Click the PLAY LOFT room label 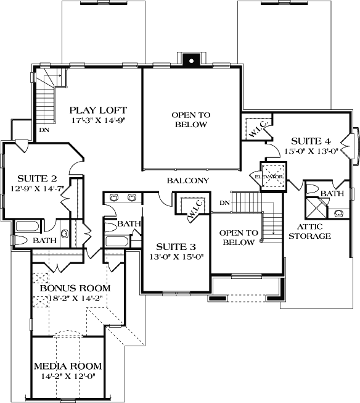click(x=99, y=109)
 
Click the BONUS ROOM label click(x=75, y=288)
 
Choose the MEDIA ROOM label click(x=68, y=364)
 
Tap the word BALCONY click(x=188, y=181)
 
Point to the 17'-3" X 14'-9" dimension click(x=99, y=120)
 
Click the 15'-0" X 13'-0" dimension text click(x=311, y=151)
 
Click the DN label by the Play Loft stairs click(x=44, y=130)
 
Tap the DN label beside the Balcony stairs click(x=225, y=202)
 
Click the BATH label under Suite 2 click(x=44, y=240)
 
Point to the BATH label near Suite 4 click(x=332, y=193)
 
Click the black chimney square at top click(x=190, y=60)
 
